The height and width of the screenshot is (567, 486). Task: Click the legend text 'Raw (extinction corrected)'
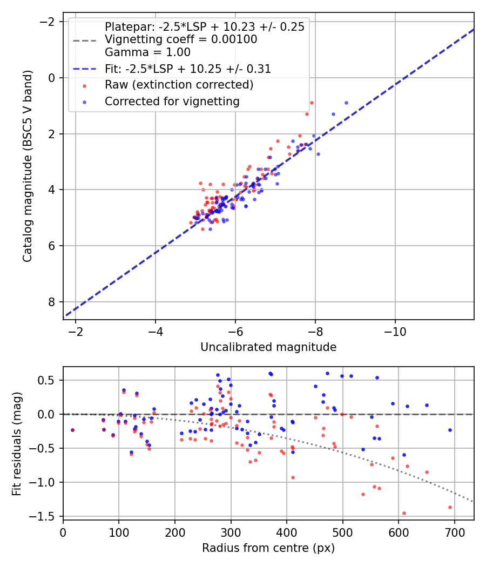[x=179, y=85]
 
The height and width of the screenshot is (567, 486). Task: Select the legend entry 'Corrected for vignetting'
[x=172, y=101]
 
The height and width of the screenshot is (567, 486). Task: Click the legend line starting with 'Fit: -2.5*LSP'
[x=188, y=69]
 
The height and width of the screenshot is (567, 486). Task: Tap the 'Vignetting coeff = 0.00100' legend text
[x=181, y=39]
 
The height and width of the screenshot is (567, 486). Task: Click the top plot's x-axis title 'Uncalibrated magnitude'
[x=268, y=347]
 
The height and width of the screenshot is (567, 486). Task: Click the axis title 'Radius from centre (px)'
[x=268, y=548]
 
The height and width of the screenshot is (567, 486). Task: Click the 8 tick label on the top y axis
[x=52, y=302]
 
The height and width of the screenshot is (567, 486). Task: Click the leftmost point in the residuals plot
[x=72, y=430]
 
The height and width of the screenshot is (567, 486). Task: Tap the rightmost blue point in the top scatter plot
[x=346, y=103]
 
